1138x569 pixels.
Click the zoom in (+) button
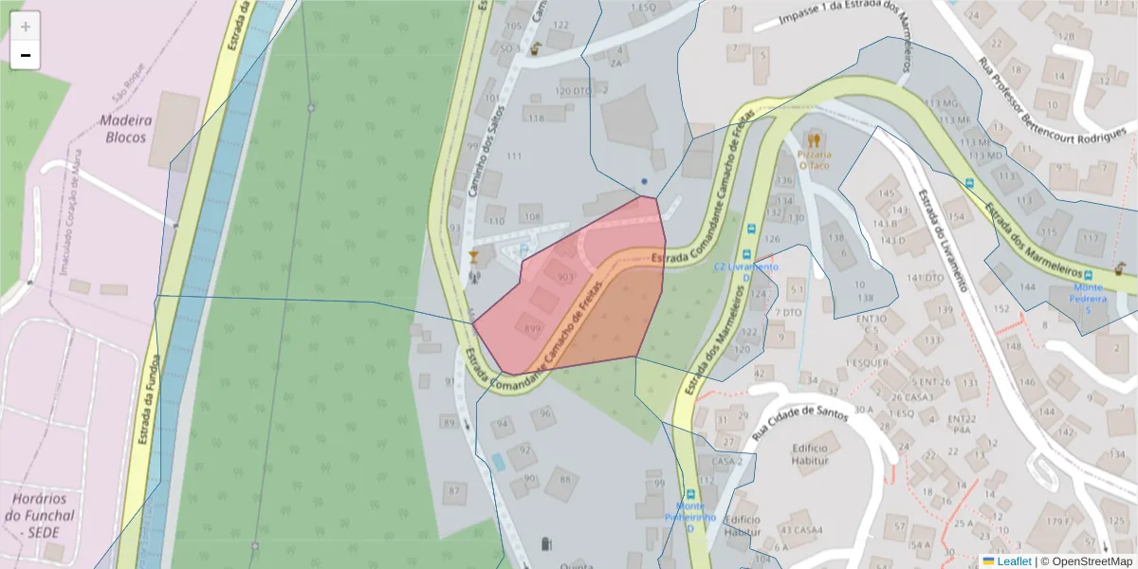tap(26, 27)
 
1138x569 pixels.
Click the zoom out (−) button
tap(26, 56)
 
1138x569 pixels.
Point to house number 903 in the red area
tap(566, 277)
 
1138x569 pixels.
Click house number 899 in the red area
tap(532, 329)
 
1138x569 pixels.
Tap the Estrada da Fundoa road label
tap(148, 399)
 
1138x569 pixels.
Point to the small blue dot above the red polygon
tap(644, 181)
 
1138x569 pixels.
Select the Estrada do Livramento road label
tap(943, 239)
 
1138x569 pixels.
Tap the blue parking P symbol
tap(526, 250)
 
